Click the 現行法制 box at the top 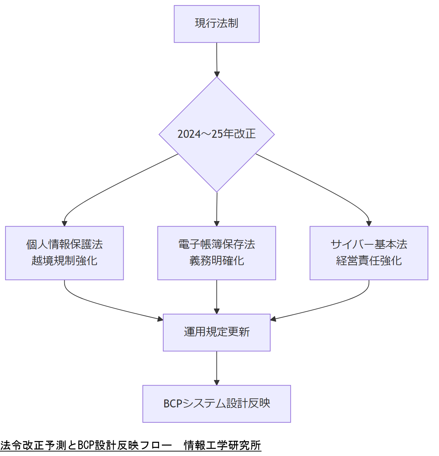216,24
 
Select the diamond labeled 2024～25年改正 216,134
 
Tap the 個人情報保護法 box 64,245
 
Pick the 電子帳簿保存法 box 216,245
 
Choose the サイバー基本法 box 368,245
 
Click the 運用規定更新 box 216,332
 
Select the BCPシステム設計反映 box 216,403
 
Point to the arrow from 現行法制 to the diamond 217,59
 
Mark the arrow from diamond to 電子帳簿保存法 217,208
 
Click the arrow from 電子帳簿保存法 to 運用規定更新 217,297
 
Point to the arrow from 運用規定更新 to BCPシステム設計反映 217,368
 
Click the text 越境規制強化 64,261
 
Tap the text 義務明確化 216,261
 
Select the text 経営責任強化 368,261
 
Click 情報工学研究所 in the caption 222,445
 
